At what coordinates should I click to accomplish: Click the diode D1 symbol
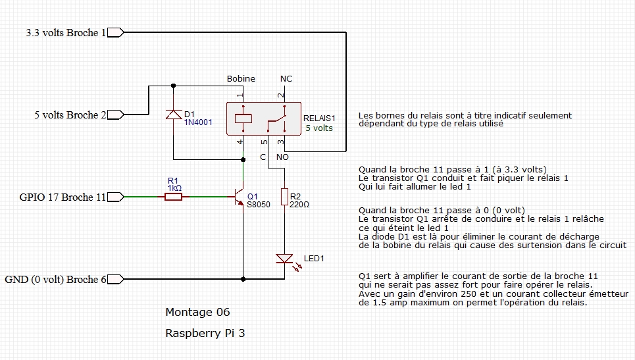click(x=173, y=115)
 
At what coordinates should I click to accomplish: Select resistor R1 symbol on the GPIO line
click(x=174, y=196)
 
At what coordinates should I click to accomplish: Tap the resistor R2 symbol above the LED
click(x=284, y=197)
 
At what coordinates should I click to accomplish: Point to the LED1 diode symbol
click(x=284, y=259)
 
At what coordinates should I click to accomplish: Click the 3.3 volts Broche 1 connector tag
click(x=115, y=32)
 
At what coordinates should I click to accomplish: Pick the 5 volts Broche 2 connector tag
click(x=115, y=115)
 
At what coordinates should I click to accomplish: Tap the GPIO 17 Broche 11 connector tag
click(x=115, y=196)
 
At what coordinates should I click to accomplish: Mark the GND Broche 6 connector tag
click(x=115, y=279)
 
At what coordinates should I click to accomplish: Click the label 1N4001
click(x=198, y=122)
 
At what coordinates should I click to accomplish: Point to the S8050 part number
click(x=259, y=205)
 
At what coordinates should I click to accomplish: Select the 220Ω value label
click(x=299, y=205)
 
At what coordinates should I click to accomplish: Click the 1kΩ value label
click(x=174, y=188)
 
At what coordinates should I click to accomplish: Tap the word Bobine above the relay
click(x=241, y=79)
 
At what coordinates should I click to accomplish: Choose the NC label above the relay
click(x=286, y=79)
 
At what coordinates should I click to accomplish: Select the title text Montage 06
click(x=197, y=312)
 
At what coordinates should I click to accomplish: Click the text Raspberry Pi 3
click(x=205, y=333)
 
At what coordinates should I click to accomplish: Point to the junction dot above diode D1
click(x=173, y=85)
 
